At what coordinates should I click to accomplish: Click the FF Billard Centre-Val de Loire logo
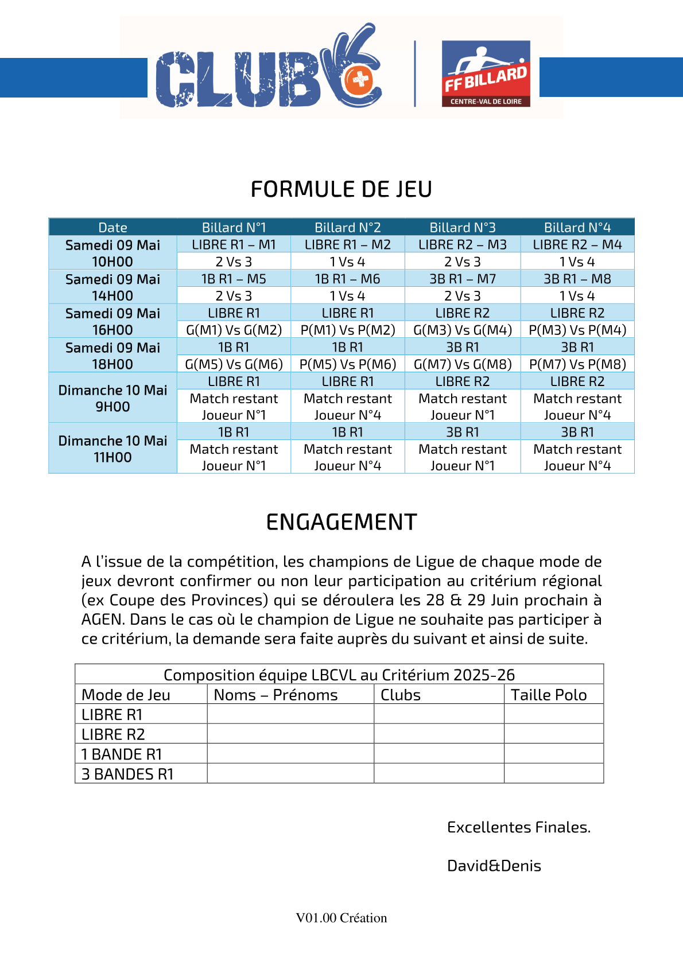(x=486, y=73)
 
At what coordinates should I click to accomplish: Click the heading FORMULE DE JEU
(x=341, y=189)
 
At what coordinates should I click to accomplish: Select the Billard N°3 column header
(x=463, y=228)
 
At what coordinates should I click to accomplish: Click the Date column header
(x=112, y=228)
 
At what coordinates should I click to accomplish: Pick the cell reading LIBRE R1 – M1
(x=234, y=245)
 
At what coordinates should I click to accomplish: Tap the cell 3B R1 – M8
(x=577, y=279)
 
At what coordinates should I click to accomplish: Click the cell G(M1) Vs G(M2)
(x=234, y=330)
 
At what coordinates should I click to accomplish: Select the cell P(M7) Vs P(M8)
(x=577, y=364)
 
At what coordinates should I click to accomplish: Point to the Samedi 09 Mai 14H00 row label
(x=112, y=287)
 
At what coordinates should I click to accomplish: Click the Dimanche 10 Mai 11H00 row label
(x=112, y=449)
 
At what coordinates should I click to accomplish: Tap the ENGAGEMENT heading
(x=341, y=523)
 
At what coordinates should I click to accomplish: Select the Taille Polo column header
(x=549, y=695)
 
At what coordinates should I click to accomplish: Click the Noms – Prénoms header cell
(x=276, y=695)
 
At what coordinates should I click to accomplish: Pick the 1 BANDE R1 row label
(x=122, y=754)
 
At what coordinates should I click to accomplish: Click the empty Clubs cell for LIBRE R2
(x=438, y=734)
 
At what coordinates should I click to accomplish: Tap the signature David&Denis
(x=494, y=866)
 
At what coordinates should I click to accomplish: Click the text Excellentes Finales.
(x=519, y=827)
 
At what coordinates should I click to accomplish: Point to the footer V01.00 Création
(x=341, y=918)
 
